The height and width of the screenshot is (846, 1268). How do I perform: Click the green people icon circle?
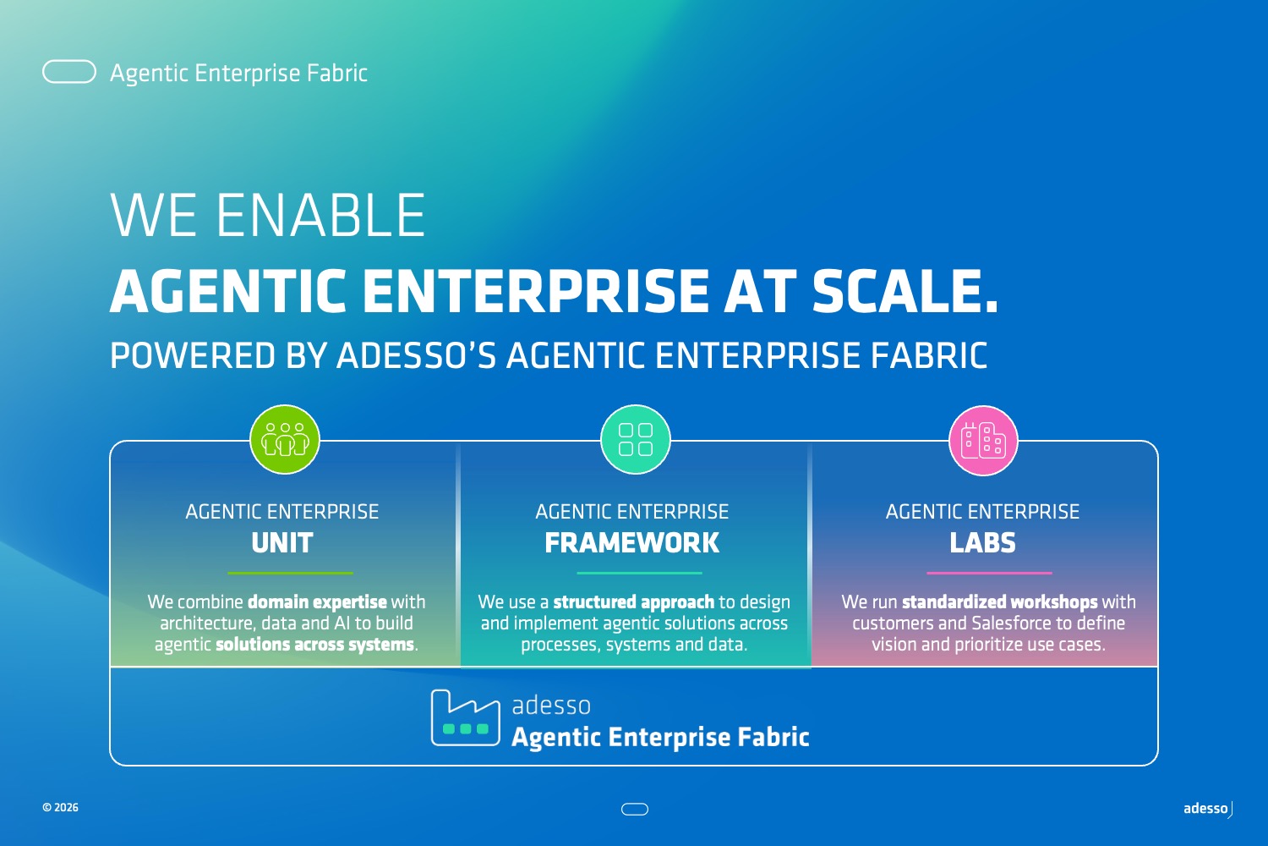point(285,439)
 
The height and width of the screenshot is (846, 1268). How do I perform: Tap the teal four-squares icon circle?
point(635,439)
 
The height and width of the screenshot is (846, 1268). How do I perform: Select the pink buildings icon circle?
point(983,440)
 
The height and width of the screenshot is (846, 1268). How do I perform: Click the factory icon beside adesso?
point(465,717)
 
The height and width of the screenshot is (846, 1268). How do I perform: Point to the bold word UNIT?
point(281,543)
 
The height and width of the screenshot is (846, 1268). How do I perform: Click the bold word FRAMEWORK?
point(631,543)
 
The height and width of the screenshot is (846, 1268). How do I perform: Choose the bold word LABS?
point(982,543)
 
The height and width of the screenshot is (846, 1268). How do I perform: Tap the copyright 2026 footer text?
point(61,807)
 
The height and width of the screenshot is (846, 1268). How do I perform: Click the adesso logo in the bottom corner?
point(1208,809)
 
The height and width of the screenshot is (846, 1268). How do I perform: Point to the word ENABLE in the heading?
point(321,216)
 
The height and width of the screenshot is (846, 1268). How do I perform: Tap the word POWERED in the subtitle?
point(193,355)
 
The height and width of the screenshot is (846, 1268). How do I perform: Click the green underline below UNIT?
point(291,573)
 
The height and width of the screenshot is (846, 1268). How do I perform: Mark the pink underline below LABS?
point(990,573)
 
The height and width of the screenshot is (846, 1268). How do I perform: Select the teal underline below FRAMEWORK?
point(640,573)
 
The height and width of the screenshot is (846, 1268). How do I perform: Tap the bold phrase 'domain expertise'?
point(318,602)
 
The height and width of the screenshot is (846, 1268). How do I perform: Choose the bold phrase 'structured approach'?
point(634,602)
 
